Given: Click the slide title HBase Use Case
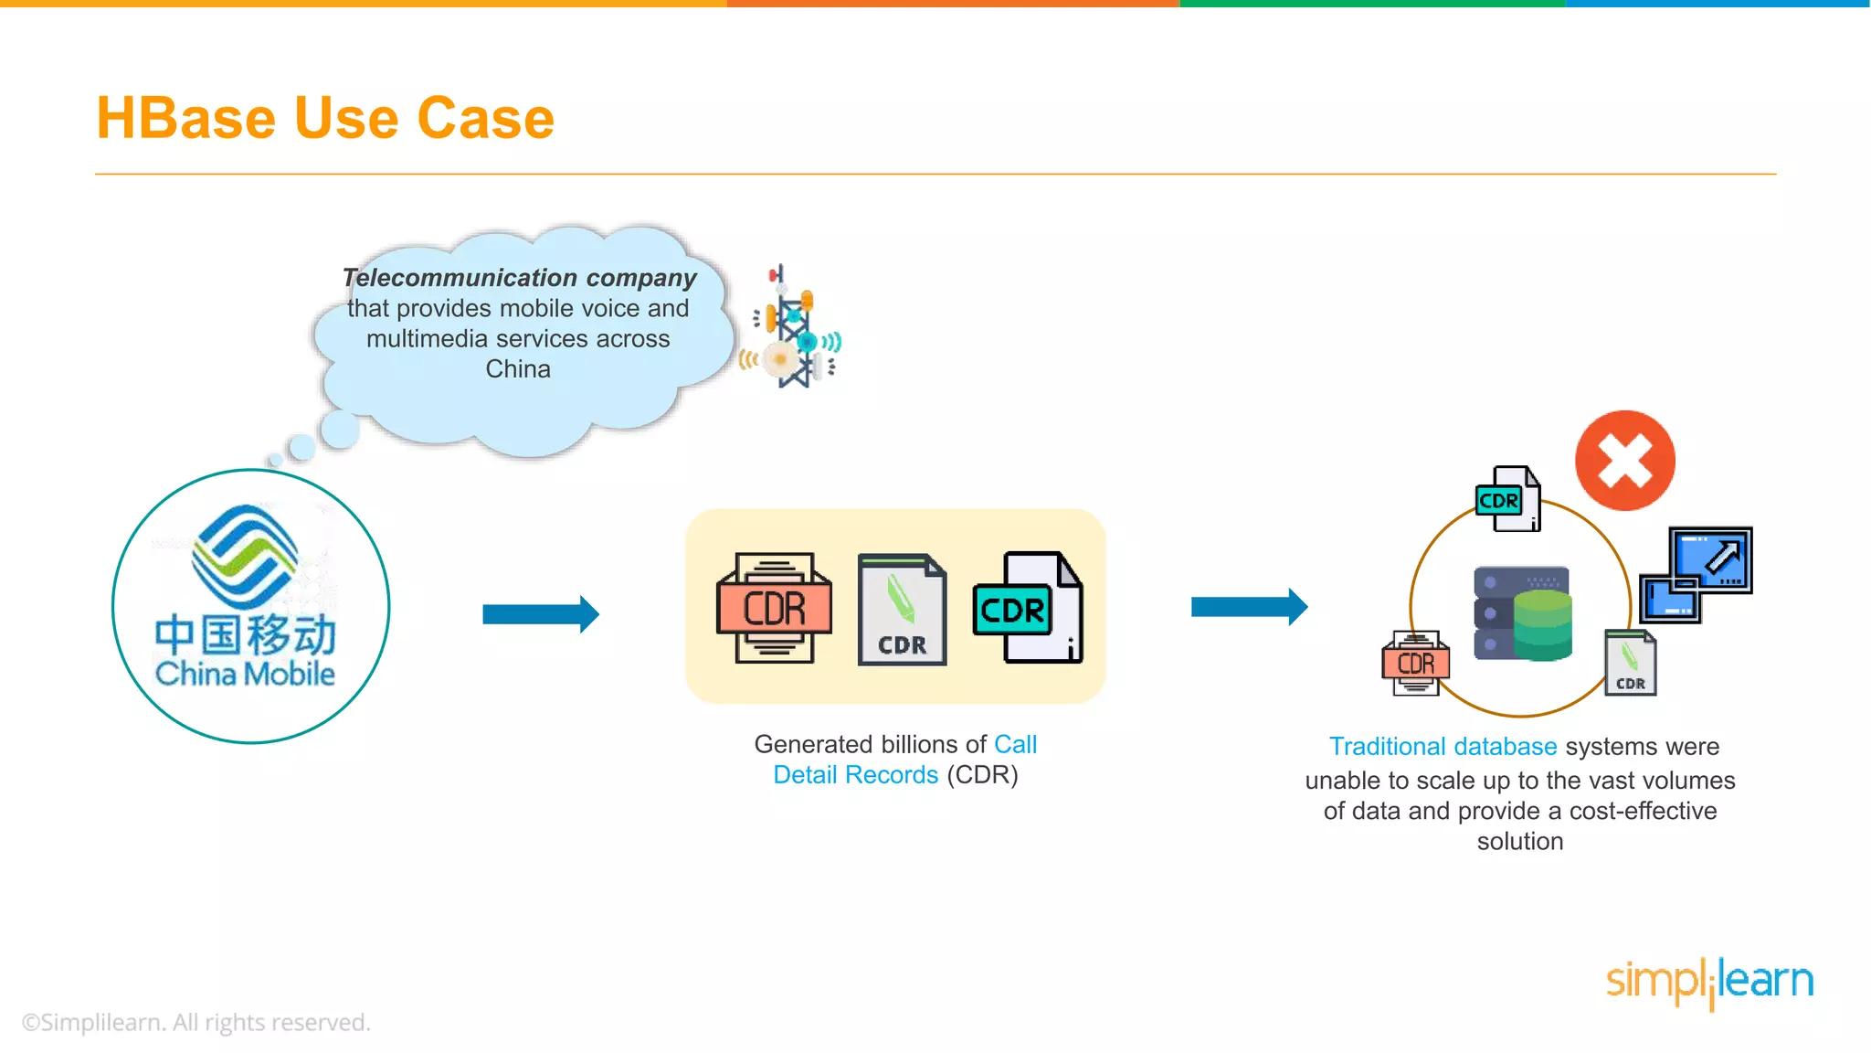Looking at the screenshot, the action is [325, 118].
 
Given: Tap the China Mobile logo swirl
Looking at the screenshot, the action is [246, 556].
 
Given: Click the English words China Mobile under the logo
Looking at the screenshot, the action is [245, 674].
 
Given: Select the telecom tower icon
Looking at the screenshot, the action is [791, 327].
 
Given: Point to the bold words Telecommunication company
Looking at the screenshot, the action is [519, 277].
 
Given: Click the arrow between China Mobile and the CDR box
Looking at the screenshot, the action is [541, 614].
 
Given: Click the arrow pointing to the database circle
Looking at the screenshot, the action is [1250, 607].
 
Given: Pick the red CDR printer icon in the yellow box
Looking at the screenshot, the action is [775, 608].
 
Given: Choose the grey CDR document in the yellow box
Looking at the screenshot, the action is [903, 610].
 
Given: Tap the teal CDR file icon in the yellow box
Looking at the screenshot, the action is [1028, 607].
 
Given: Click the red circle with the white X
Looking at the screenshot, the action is [1625, 460].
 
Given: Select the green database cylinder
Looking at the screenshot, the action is [1542, 625].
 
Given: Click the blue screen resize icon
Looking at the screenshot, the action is [1697, 574].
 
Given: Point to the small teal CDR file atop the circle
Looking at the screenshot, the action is [1508, 498].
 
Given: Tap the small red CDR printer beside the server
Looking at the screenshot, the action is [1416, 663].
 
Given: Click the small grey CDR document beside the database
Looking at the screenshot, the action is [1631, 663].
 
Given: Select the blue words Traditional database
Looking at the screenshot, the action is [1443, 747].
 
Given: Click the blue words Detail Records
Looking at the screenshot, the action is [855, 775].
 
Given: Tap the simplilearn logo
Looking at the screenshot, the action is [1710, 983].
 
